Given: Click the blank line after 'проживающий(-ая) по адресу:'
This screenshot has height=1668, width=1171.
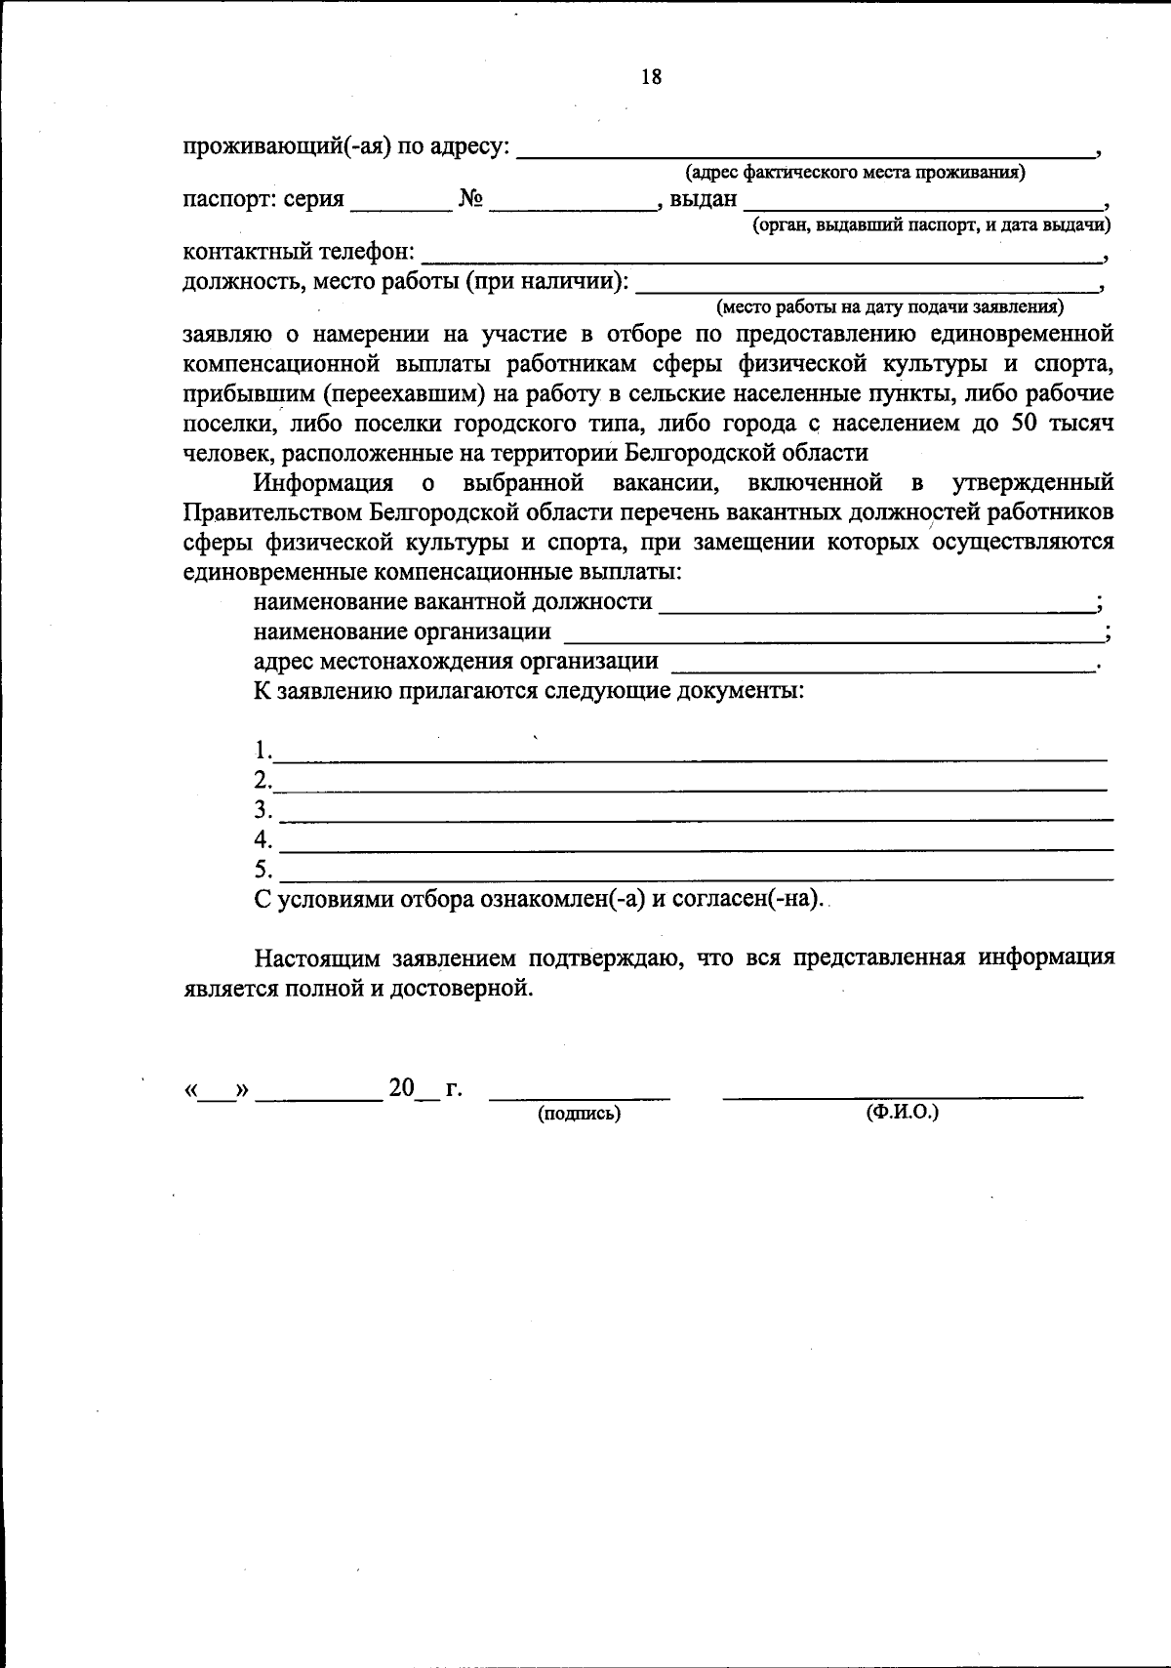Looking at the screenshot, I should tap(804, 152).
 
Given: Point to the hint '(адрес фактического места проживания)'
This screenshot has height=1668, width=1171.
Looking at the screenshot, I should tap(855, 174).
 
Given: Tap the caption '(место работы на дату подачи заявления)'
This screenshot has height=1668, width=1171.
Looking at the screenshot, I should tap(889, 308).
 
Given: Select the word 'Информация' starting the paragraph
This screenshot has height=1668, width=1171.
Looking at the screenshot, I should tap(323, 483).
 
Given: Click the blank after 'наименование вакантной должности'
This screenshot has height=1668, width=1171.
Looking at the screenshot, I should tap(875, 606).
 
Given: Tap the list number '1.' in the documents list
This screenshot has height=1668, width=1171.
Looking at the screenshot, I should tap(262, 751).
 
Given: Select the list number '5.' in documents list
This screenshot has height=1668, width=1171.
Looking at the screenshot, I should tap(262, 869).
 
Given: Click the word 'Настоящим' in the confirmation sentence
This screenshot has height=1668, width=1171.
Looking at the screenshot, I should tap(315, 957).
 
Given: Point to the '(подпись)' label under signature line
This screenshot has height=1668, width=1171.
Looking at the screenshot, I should tap(579, 1113).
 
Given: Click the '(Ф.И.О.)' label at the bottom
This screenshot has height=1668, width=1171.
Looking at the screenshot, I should tap(902, 1112).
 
